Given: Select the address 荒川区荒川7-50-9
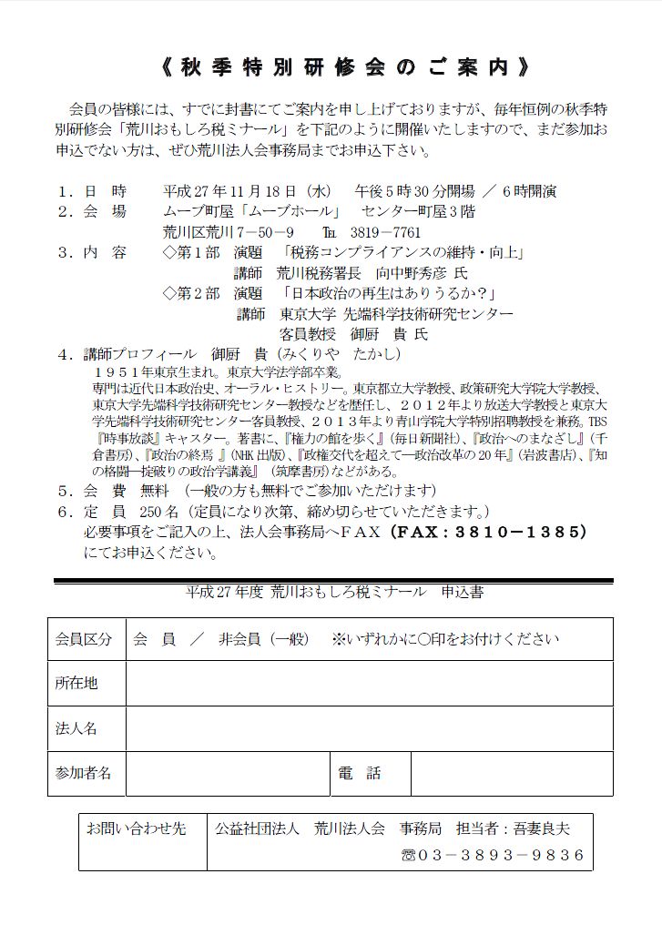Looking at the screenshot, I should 228,231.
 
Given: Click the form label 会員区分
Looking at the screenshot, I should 84,639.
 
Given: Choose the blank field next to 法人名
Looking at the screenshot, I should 369,728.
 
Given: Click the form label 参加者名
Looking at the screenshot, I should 84,773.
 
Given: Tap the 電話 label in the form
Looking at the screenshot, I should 361,773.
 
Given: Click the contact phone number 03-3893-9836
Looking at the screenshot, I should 499,856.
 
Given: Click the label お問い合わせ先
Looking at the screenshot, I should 136,829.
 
